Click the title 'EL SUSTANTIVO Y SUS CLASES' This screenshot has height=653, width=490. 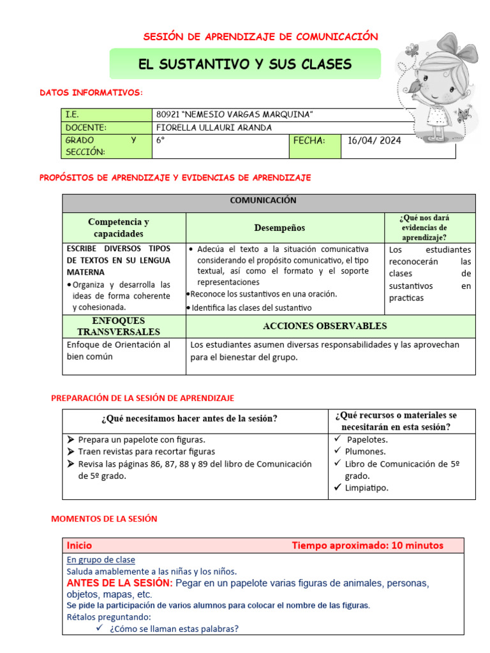coord(245,64)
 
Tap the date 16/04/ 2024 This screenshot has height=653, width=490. coord(375,141)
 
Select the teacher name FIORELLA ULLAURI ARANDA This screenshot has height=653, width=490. coord(214,128)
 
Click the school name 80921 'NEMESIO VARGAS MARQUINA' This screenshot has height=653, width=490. coord(234,114)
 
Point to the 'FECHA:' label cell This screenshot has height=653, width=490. coord(309,141)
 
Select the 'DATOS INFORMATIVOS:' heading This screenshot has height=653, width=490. coord(91,93)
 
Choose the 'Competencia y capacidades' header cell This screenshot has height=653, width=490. coord(119,228)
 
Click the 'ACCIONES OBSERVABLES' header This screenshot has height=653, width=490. coord(325,326)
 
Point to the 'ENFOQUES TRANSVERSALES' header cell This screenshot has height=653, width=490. coord(119,326)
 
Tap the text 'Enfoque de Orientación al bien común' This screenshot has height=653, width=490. coord(119,350)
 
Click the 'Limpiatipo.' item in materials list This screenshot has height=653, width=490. coord(366,488)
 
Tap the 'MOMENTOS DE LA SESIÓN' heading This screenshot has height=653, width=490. coord(103,519)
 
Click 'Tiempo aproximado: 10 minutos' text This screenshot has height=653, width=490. coord(367,545)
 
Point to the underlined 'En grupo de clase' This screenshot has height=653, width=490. coord(101,560)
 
